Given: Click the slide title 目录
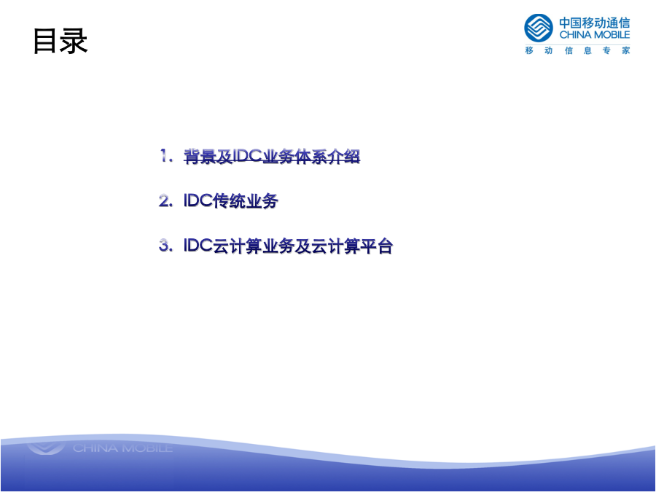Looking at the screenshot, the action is [60, 41].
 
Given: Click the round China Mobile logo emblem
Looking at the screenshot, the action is [539, 28].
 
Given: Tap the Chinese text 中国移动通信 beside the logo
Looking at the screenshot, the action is [595, 23].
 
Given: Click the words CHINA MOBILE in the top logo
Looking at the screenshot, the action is [595, 35].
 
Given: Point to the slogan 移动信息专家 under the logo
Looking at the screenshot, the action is [577, 50].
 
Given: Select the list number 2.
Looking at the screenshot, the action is [165, 201].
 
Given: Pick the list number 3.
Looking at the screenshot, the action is [165, 246].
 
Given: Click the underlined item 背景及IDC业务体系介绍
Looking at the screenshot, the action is [272, 157].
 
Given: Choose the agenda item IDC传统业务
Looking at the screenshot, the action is [231, 201].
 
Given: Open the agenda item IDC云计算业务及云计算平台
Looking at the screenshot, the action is [288, 246].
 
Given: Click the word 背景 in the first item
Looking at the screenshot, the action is [200, 157].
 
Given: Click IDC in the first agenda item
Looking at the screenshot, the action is [247, 156].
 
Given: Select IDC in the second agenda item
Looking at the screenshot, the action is [198, 201].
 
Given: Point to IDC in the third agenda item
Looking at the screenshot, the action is [198, 246].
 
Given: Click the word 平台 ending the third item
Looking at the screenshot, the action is [377, 246].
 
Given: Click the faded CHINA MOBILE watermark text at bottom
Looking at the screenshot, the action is [122, 448].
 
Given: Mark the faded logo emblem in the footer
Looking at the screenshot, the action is [46, 448].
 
